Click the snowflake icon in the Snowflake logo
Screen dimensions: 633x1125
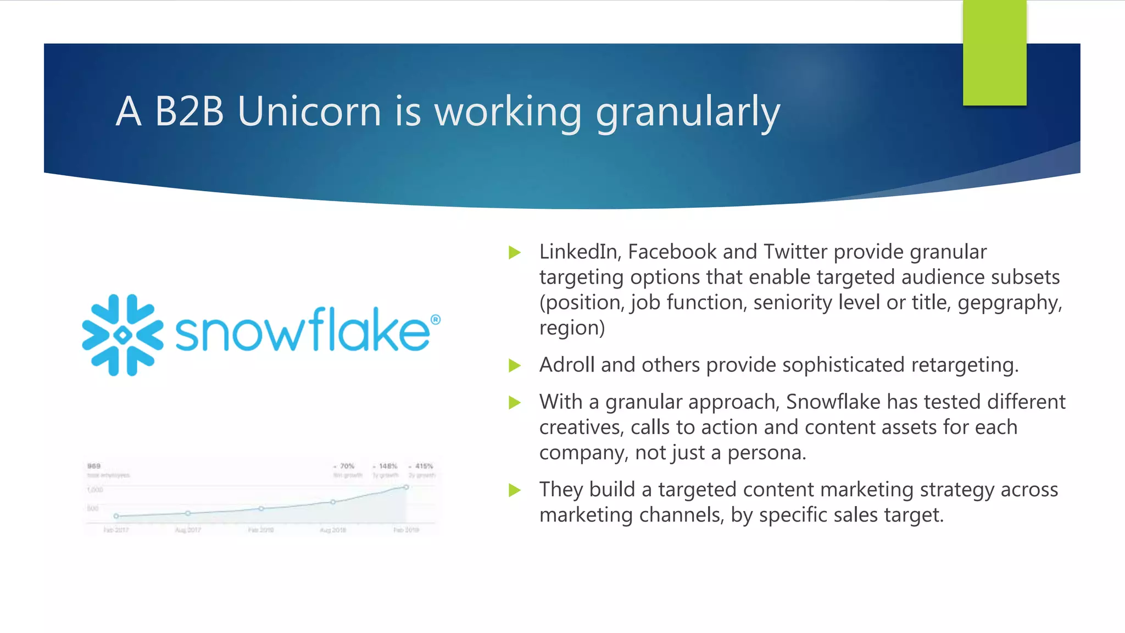click(x=122, y=335)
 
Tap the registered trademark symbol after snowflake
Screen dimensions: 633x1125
click(x=435, y=320)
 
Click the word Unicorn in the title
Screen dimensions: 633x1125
click(x=309, y=112)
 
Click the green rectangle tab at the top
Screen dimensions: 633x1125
click(x=994, y=52)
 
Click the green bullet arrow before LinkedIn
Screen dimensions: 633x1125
click(x=515, y=252)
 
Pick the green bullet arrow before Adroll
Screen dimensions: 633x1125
click(x=515, y=365)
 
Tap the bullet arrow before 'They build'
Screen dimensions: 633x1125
click(x=515, y=490)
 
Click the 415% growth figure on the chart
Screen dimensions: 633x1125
click(x=424, y=466)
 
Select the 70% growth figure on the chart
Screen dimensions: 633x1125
click(x=347, y=466)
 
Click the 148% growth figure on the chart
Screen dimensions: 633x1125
click(x=387, y=466)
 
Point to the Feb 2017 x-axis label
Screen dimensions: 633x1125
click(x=116, y=530)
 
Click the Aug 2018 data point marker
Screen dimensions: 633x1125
click(x=333, y=502)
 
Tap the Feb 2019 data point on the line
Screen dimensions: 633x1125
click(x=406, y=487)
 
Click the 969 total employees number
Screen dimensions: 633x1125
click(x=94, y=466)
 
